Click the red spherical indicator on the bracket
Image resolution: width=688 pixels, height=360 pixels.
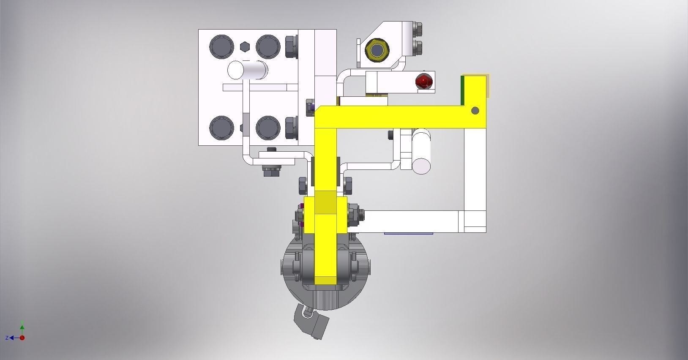(424, 81)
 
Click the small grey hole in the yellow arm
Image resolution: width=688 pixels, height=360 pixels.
(475, 111)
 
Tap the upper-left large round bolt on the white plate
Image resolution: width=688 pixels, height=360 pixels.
(221, 46)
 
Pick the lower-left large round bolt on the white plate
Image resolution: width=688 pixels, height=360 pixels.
(221, 128)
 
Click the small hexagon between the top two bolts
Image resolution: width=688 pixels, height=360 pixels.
(245, 46)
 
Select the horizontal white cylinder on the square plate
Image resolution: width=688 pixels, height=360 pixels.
(247, 70)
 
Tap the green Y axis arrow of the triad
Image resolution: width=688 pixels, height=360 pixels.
(22, 327)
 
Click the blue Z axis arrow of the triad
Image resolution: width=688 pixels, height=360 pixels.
(12, 338)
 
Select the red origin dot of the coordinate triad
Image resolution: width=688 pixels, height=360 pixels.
(22, 338)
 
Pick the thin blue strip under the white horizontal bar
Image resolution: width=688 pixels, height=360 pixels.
(408, 233)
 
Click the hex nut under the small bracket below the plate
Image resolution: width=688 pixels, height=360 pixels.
(272, 171)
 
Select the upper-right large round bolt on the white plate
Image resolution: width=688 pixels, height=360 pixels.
(268, 46)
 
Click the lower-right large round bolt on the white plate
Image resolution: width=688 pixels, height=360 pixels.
(268, 128)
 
